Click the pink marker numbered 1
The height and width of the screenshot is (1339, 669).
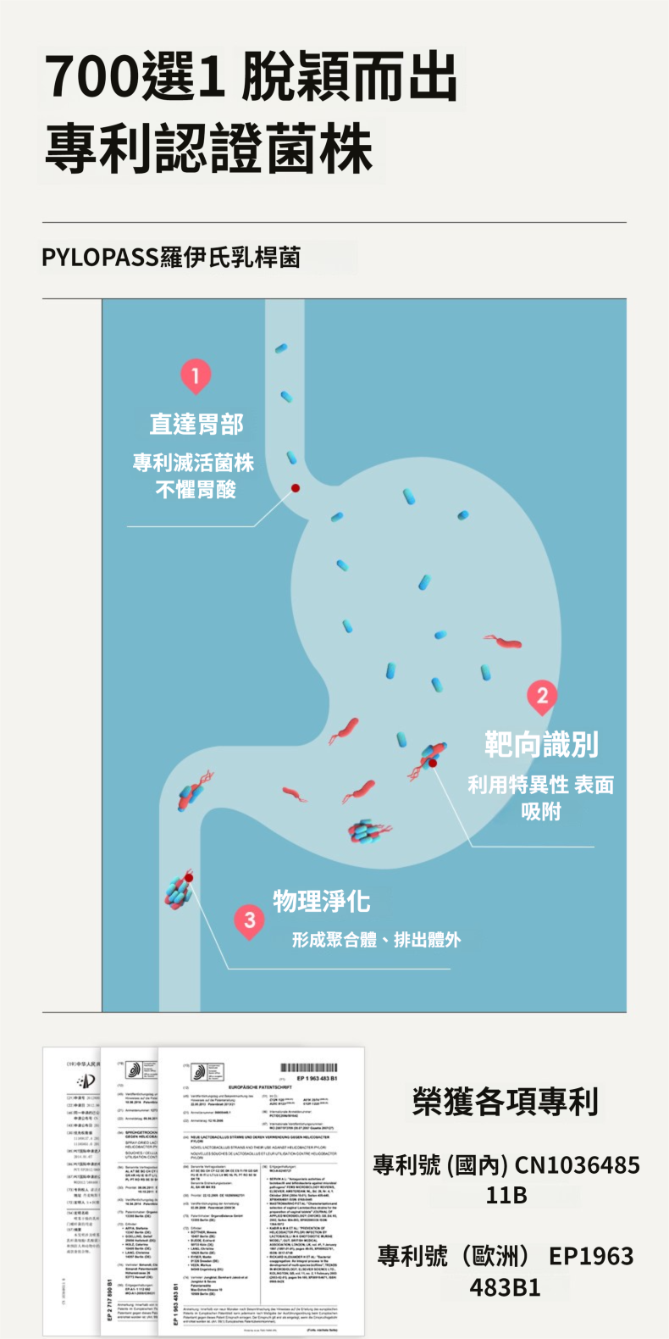click(x=196, y=375)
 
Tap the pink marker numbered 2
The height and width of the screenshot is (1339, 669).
click(x=542, y=697)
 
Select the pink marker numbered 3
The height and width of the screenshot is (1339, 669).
click(x=249, y=920)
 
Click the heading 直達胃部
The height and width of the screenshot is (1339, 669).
click(x=196, y=424)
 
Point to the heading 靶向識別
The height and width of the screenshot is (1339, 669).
click(x=541, y=745)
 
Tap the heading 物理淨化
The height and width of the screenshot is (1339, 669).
click(x=322, y=901)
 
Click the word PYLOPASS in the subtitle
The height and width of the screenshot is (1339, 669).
click(x=101, y=258)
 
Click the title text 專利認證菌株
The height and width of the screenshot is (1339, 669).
click(x=209, y=147)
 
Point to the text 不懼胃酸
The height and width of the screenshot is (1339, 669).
click(x=196, y=489)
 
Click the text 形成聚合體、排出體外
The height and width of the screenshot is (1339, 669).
click(x=376, y=939)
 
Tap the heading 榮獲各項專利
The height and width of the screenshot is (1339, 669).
click(x=506, y=1102)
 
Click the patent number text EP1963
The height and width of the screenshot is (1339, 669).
click(x=591, y=1256)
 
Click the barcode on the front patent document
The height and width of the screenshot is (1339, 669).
click(x=308, y=1068)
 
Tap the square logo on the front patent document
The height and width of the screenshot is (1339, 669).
click(x=207, y=1072)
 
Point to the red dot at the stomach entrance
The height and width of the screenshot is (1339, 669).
click(x=296, y=488)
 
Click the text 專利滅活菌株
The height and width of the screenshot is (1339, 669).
click(x=194, y=463)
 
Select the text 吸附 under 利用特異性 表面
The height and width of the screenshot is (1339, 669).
click(x=541, y=811)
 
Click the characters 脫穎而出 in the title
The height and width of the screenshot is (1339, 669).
click(x=349, y=76)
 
